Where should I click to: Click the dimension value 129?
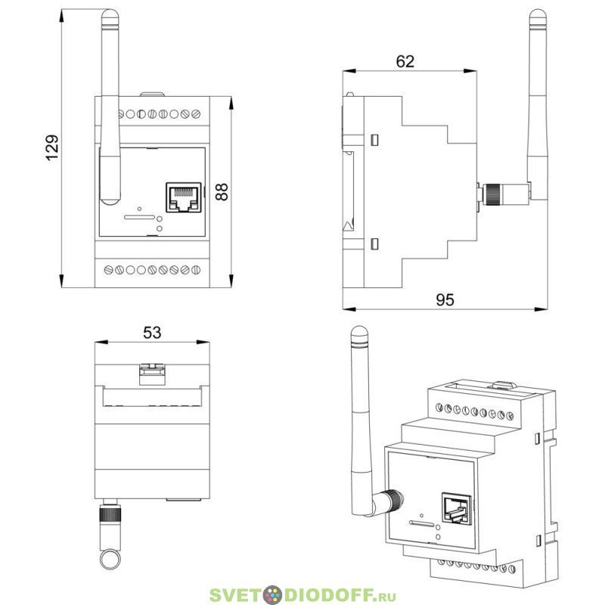[x=52, y=147]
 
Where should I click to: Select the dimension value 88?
[x=222, y=192]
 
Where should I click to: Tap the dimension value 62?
[x=405, y=61]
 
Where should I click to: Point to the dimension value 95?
[x=445, y=299]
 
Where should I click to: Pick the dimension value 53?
[x=152, y=332]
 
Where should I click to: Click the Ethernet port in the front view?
[x=184, y=197]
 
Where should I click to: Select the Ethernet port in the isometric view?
[x=457, y=508]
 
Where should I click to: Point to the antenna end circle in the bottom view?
[x=110, y=559]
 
